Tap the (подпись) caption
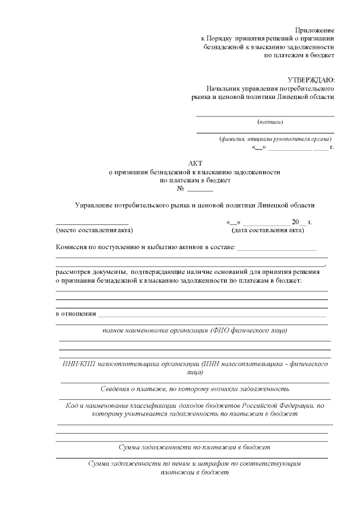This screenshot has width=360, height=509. pos(270,121)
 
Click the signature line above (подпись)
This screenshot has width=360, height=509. pos(265,116)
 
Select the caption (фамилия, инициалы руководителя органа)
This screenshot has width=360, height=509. pos(275,138)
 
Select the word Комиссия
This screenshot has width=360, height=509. pos(71,247)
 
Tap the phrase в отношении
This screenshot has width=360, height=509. pos(76,314)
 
